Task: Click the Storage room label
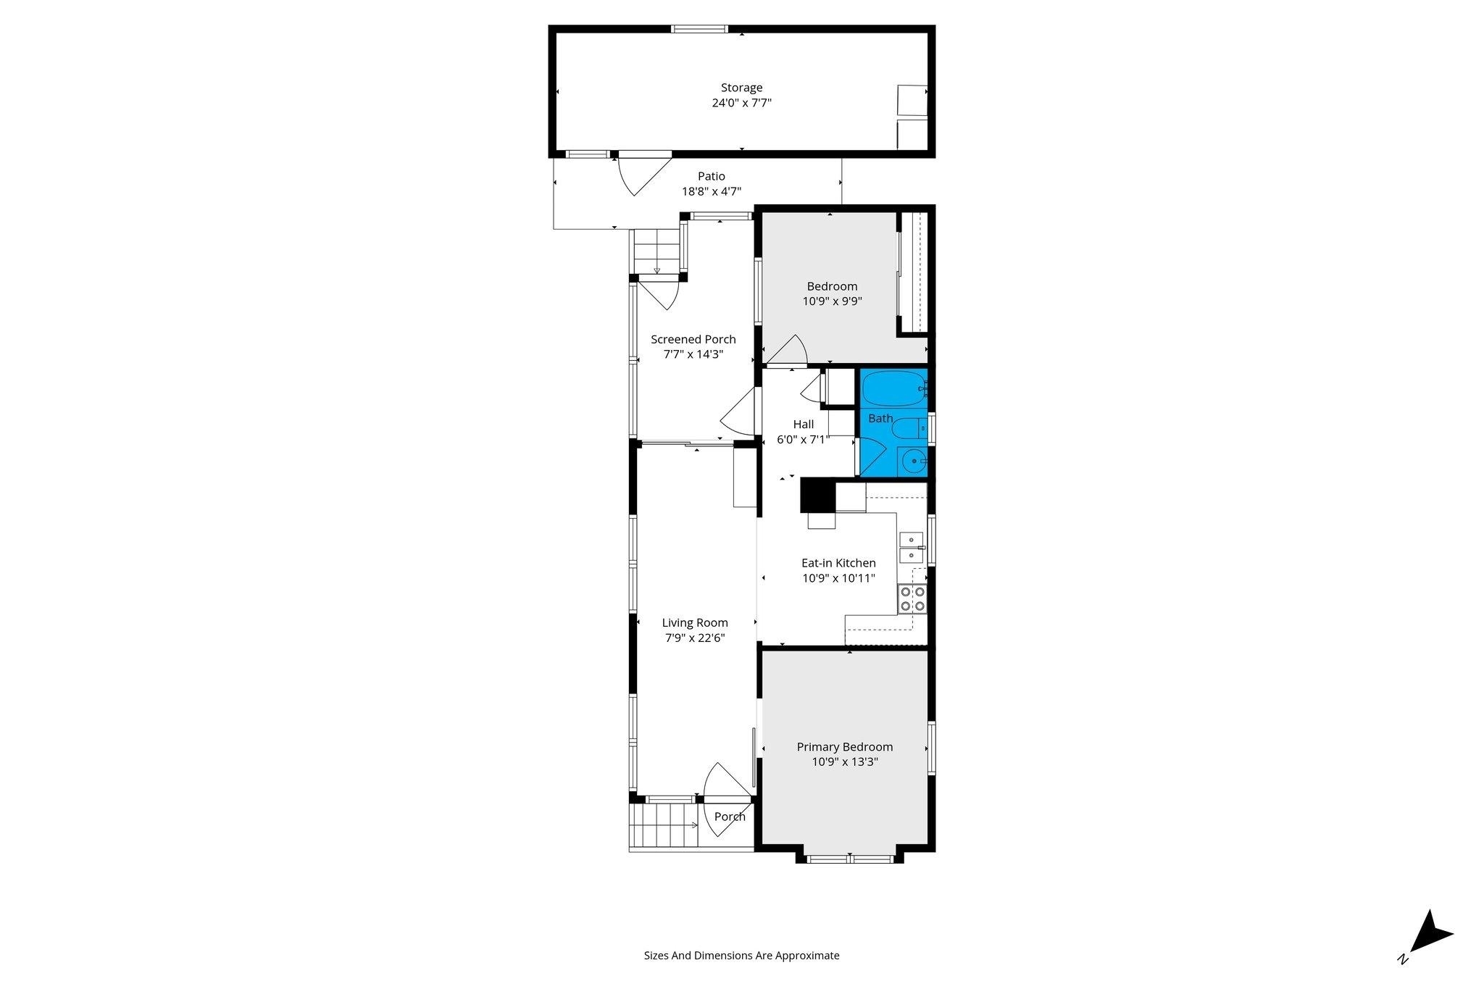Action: coord(741,88)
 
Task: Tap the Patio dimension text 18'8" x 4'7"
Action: coord(711,191)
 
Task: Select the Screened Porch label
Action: coord(693,339)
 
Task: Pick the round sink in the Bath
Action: coord(913,461)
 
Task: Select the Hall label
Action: coord(804,424)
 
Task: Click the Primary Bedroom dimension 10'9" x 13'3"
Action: coord(845,761)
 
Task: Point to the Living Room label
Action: coord(695,622)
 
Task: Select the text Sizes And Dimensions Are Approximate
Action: coord(741,955)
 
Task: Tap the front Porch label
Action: coord(730,817)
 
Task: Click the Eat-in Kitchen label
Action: coord(838,563)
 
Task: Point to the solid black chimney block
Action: coord(818,497)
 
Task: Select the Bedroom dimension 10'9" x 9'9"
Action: coord(832,301)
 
